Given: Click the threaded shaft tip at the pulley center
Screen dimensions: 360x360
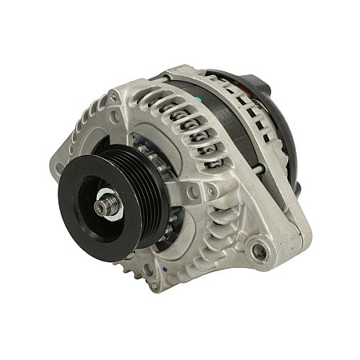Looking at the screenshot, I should click(102, 206).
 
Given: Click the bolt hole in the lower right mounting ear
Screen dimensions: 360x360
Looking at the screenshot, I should click(258, 253).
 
